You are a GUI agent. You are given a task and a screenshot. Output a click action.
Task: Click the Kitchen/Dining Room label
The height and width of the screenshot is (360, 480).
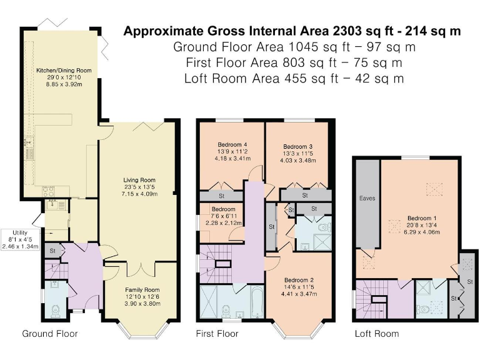tap(64, 71)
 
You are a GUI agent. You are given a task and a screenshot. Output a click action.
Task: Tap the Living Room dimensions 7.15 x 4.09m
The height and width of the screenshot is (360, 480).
tap(139, 194)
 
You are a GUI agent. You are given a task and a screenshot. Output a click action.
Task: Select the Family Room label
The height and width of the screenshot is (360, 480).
tap(142, 289)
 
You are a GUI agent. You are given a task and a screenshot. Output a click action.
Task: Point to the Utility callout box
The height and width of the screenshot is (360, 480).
tap(20, 239)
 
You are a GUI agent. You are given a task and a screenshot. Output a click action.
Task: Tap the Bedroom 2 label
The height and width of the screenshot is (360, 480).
tap(299, 280)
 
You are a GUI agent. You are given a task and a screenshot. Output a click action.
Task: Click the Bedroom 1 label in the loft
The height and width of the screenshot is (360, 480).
tap(422, 218)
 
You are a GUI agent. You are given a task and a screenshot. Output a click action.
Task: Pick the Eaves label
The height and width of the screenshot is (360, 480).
tap(367, 198)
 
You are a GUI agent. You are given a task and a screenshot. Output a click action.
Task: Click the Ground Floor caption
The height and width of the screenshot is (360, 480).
tap(50, 334)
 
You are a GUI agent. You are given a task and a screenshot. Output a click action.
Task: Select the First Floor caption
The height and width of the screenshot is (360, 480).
tap(217, 334)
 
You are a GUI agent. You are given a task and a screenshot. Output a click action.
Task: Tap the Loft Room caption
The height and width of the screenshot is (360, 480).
tap(377, 334)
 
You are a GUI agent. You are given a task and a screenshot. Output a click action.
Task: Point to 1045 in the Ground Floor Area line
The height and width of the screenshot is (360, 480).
tap(300, 47)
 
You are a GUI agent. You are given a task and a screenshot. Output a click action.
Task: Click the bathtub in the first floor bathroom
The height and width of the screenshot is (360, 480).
tap(257, 302)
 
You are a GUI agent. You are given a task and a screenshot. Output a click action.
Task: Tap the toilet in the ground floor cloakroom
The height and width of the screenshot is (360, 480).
tap(55, 311)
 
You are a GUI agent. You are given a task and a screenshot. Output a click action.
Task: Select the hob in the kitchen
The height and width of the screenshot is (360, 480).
tap(47, 191)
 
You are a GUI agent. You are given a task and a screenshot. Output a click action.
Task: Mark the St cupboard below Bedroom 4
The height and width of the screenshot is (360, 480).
tap(221, 196)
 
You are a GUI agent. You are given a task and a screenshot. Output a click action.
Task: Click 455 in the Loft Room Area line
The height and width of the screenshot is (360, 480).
tap(296, 79)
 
